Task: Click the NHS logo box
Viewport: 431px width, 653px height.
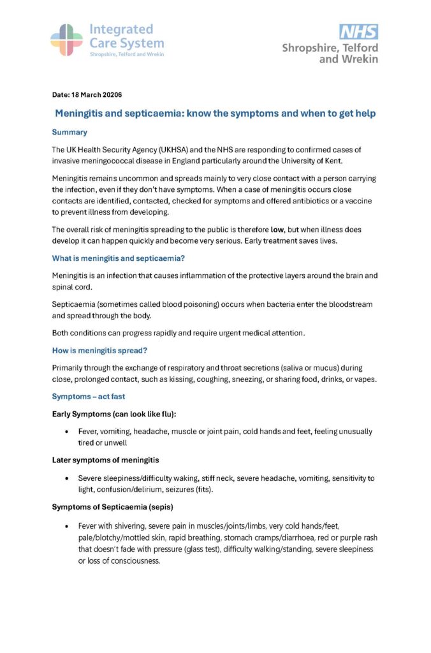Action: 358,32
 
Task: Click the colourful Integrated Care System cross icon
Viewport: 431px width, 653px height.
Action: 66,40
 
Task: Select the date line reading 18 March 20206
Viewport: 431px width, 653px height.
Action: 87,95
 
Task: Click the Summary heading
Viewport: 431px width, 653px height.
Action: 69,133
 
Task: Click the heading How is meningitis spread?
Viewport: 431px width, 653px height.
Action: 103,351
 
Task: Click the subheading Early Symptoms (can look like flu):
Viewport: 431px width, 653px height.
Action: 113,415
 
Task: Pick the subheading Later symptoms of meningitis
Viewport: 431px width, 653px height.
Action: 105,460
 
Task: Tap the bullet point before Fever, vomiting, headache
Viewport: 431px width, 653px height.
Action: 67,432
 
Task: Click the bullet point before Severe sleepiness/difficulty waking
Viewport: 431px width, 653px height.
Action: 67,478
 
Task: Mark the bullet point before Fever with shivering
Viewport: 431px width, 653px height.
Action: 67,526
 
